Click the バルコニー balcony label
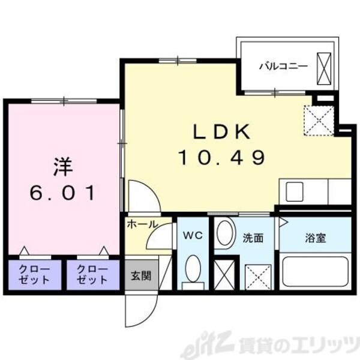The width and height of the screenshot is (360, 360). point(283,65)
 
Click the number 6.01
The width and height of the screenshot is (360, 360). point(62,193)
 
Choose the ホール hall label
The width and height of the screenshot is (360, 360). point(142,224)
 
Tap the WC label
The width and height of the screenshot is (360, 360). point(192,236)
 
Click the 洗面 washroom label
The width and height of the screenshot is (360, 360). point(253,238)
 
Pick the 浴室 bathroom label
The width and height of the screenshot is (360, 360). point(315,238)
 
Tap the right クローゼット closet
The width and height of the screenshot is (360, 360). point(92,275)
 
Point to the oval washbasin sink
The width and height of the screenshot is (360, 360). point(225,233)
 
